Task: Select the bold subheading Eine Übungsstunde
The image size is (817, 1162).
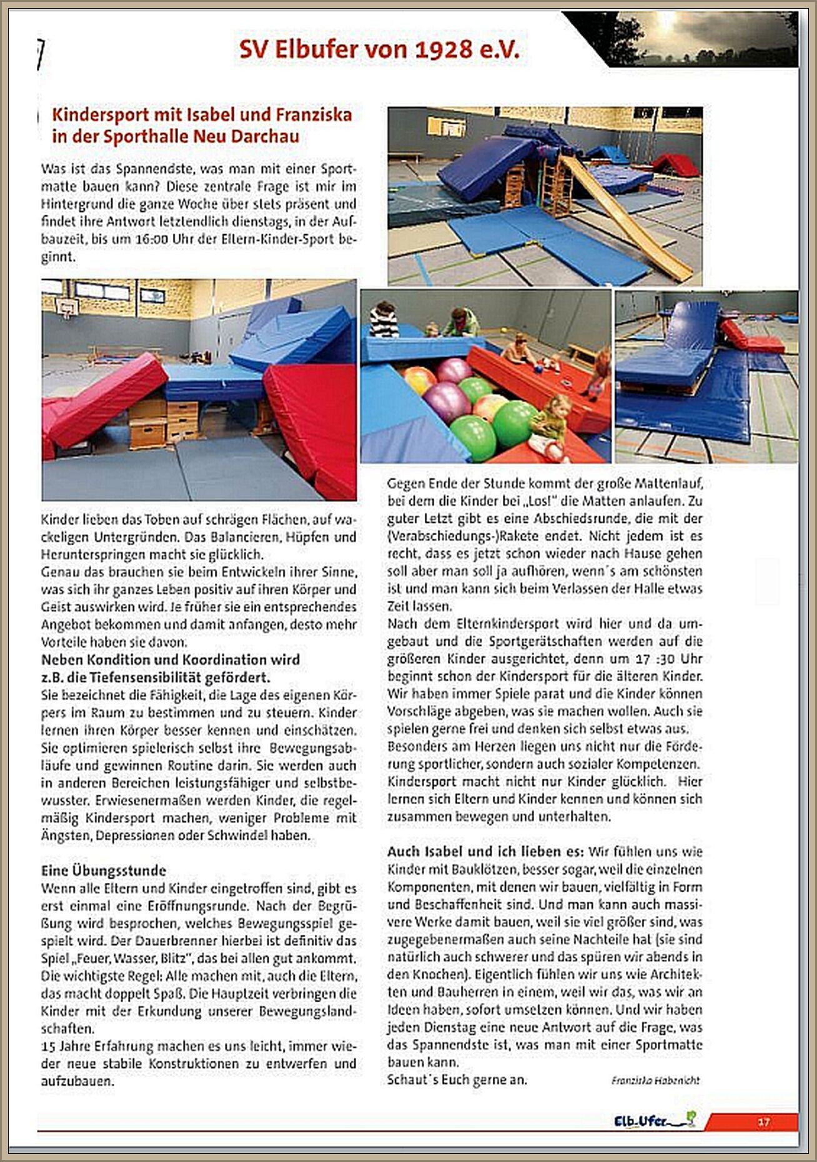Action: [104, 870]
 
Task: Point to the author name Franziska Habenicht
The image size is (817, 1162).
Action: [655, 1080]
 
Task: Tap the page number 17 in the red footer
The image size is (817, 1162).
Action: [763, 1122]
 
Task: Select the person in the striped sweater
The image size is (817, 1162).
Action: [384, 320]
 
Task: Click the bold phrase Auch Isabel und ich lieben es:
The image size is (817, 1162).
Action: [485, 852]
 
